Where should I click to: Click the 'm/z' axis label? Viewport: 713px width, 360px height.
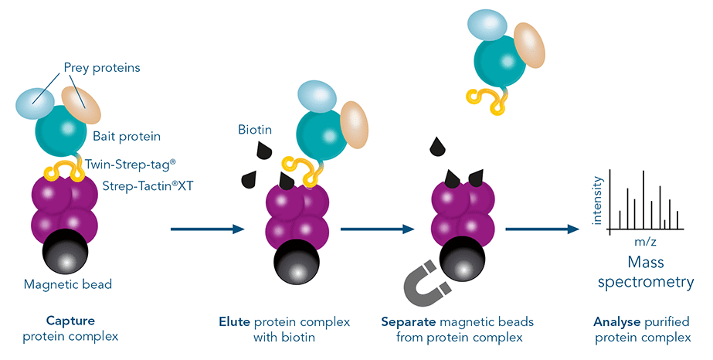click(x=646, y=243)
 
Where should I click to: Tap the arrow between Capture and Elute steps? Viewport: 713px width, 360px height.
click(x=206, y=229)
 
